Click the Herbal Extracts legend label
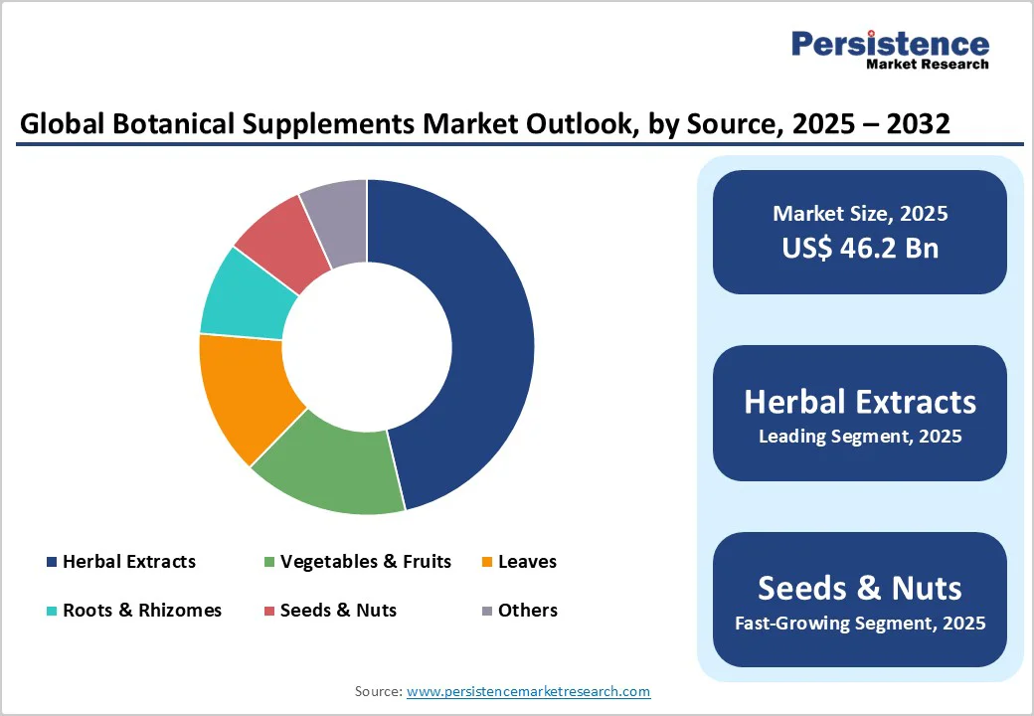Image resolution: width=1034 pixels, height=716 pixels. pos(129,562)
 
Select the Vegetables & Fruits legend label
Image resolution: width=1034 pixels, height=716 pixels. pos(365,562)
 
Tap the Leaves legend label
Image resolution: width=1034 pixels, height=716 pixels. pos(527,562)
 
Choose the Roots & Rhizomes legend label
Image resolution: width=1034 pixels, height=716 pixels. pos(142,611)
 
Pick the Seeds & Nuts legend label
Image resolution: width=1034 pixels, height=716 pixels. pos(338,611)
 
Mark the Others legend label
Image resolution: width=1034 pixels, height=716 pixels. pos(527,611)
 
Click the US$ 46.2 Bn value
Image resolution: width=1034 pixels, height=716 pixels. pos(860,248)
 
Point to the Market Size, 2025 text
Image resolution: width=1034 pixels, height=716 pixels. pos(860,214)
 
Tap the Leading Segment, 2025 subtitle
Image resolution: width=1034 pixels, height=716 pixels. pos(860,436)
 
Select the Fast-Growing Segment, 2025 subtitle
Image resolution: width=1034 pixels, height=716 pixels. pos(860,624)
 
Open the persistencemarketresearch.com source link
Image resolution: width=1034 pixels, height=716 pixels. pos(528,691)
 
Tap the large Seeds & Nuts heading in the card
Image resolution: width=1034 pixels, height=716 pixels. pos(860,588)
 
